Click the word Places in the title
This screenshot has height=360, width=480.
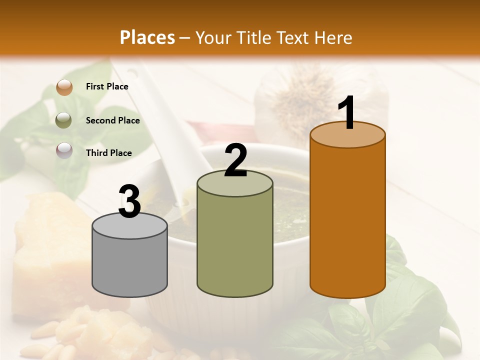click(x=147, y=37)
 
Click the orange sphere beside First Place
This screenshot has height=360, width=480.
click(x=64, y=87)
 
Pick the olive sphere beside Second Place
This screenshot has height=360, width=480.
click(x=64, y=120)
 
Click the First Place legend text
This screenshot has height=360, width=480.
click(x=107, y=86)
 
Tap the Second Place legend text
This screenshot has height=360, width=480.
click(x=112, y=120)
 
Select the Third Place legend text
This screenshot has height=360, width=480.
click(x=108, y=153)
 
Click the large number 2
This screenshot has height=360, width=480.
click(x=235, y=160)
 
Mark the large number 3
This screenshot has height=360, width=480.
click(x=129, y=201)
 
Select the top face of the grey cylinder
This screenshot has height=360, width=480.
click(x=130, y=226)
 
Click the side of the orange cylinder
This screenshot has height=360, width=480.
click(x=347, y=220)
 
